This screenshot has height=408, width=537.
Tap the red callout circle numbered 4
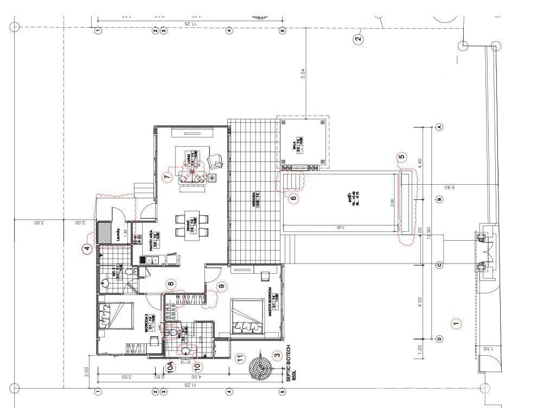87,249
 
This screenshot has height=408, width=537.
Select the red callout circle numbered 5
402,158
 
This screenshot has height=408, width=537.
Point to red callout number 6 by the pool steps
293,198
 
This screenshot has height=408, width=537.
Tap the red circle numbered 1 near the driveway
456,323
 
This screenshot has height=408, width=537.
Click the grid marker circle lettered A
440,127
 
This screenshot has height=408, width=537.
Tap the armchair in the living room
216,161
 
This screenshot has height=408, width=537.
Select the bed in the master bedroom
247,315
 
